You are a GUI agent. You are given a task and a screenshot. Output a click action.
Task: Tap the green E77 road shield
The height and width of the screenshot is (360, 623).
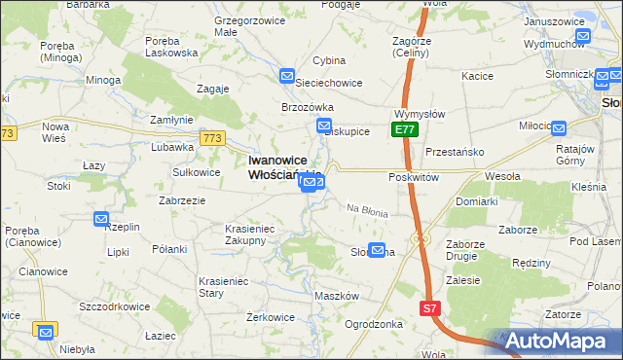click(406, 129)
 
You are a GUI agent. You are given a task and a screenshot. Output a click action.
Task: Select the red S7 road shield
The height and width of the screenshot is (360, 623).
click(431, 308)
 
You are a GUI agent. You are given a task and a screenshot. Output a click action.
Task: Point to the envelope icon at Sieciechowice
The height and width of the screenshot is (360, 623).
click(287, 76)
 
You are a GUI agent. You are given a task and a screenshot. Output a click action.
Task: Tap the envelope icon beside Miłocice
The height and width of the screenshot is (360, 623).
click(558, 126)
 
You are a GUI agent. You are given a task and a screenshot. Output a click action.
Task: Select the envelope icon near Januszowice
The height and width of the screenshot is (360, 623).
click(582, 38)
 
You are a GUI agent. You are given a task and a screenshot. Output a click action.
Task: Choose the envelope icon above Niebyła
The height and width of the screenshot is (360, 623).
click(44, 331)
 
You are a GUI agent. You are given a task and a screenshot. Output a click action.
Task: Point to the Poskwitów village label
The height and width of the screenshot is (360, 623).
click(415, 177)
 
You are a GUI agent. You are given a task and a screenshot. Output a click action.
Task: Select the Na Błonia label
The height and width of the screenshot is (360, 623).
click(368, 210)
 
